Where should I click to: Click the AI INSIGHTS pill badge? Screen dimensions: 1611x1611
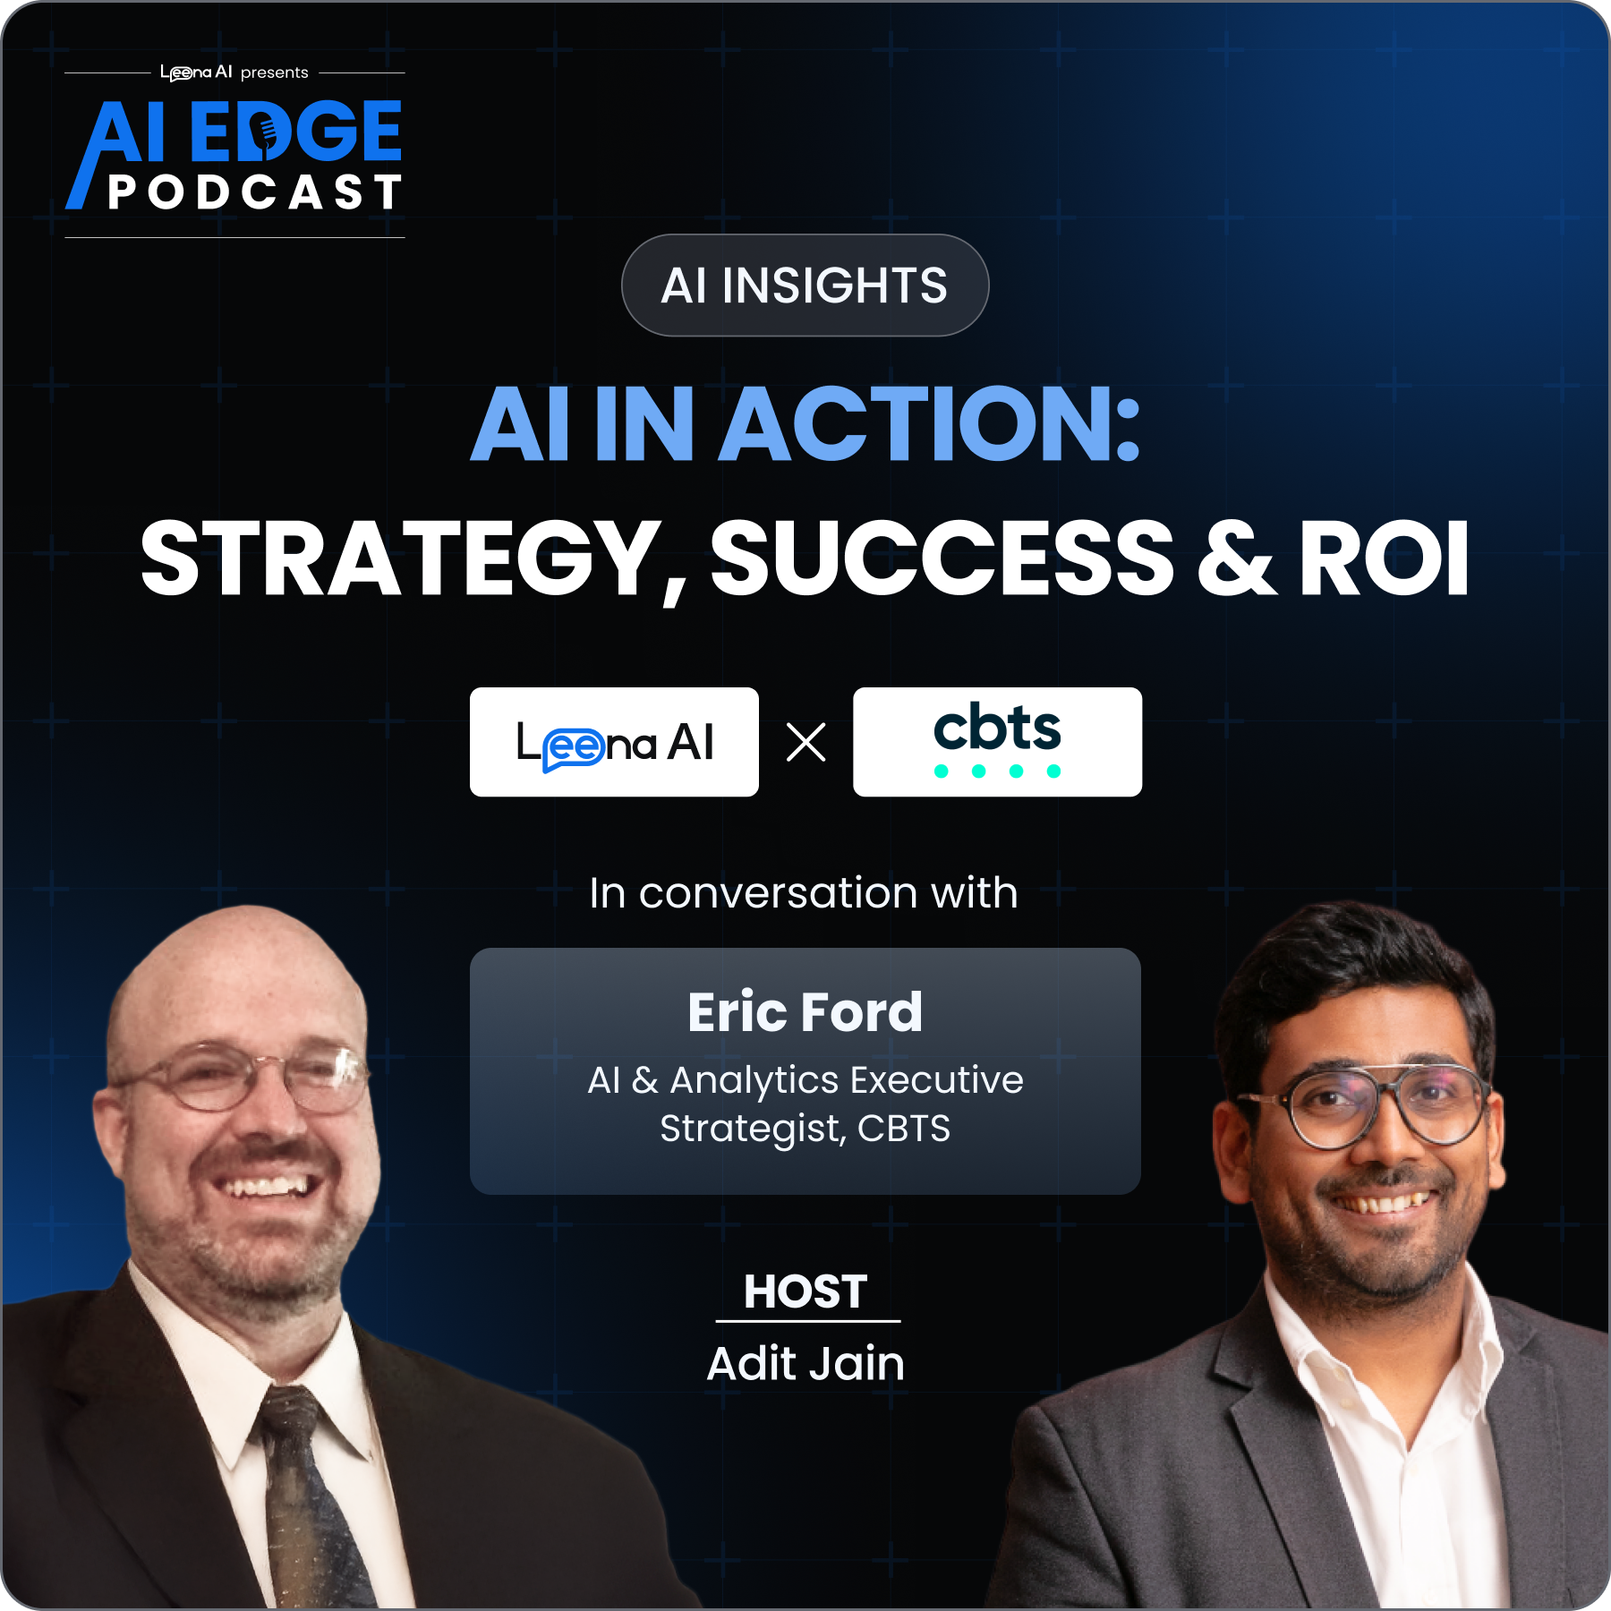(x=805, y=286)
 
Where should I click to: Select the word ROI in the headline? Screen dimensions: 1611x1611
(x=1384, y=559)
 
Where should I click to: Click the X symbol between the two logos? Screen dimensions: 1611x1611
(x=805, y=742)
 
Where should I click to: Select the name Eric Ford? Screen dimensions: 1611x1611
(x=805, y=1012)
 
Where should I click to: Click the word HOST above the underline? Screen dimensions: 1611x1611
(x=805, y=1291)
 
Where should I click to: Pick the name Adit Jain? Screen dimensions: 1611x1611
(x=805, y=1363)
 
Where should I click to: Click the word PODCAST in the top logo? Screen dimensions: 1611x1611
(x=255, y=192)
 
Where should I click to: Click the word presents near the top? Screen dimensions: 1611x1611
(x=275, y=72)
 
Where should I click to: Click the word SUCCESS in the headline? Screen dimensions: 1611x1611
(x=942, y=559)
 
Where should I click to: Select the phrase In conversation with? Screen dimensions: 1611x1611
(x=804, y=892)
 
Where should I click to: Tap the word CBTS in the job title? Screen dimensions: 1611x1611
(x=904, y=1129)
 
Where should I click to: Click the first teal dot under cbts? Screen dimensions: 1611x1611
(x=942, y=771)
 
